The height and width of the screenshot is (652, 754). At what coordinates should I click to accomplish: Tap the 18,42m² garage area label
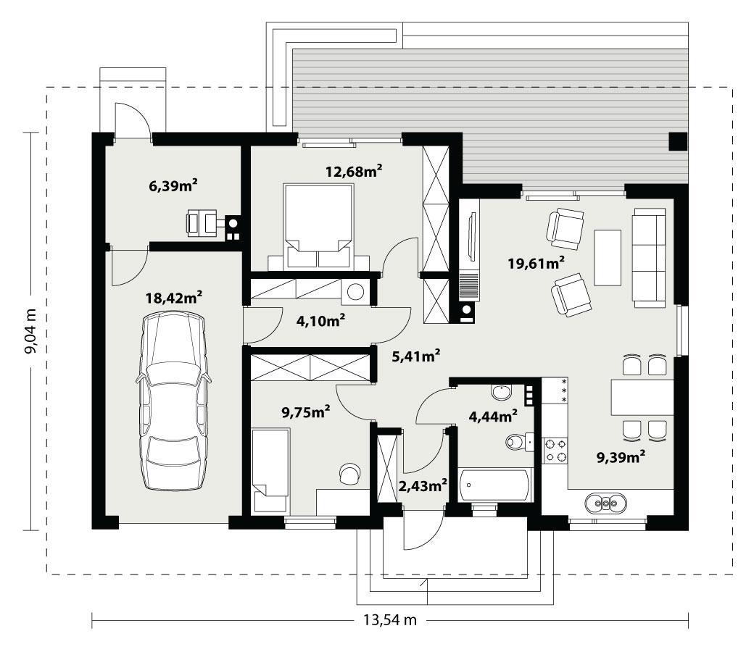click(x=174, y=296)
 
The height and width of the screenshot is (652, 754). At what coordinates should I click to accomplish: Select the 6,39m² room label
click(x=173, y=186)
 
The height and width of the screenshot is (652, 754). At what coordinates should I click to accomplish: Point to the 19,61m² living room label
click(x=536, y=262)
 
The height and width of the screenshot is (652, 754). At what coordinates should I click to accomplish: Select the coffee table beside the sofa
click(x=608, y=257)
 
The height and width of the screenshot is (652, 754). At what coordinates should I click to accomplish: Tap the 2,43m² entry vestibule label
click(x=422, y=485)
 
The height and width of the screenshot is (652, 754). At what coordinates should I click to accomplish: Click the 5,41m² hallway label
click(x=416, y=355)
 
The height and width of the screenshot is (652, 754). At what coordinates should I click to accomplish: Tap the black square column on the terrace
click(x=677, y=142)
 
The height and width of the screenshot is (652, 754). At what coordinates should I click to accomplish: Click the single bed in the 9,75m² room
click(x=270, y=462)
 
